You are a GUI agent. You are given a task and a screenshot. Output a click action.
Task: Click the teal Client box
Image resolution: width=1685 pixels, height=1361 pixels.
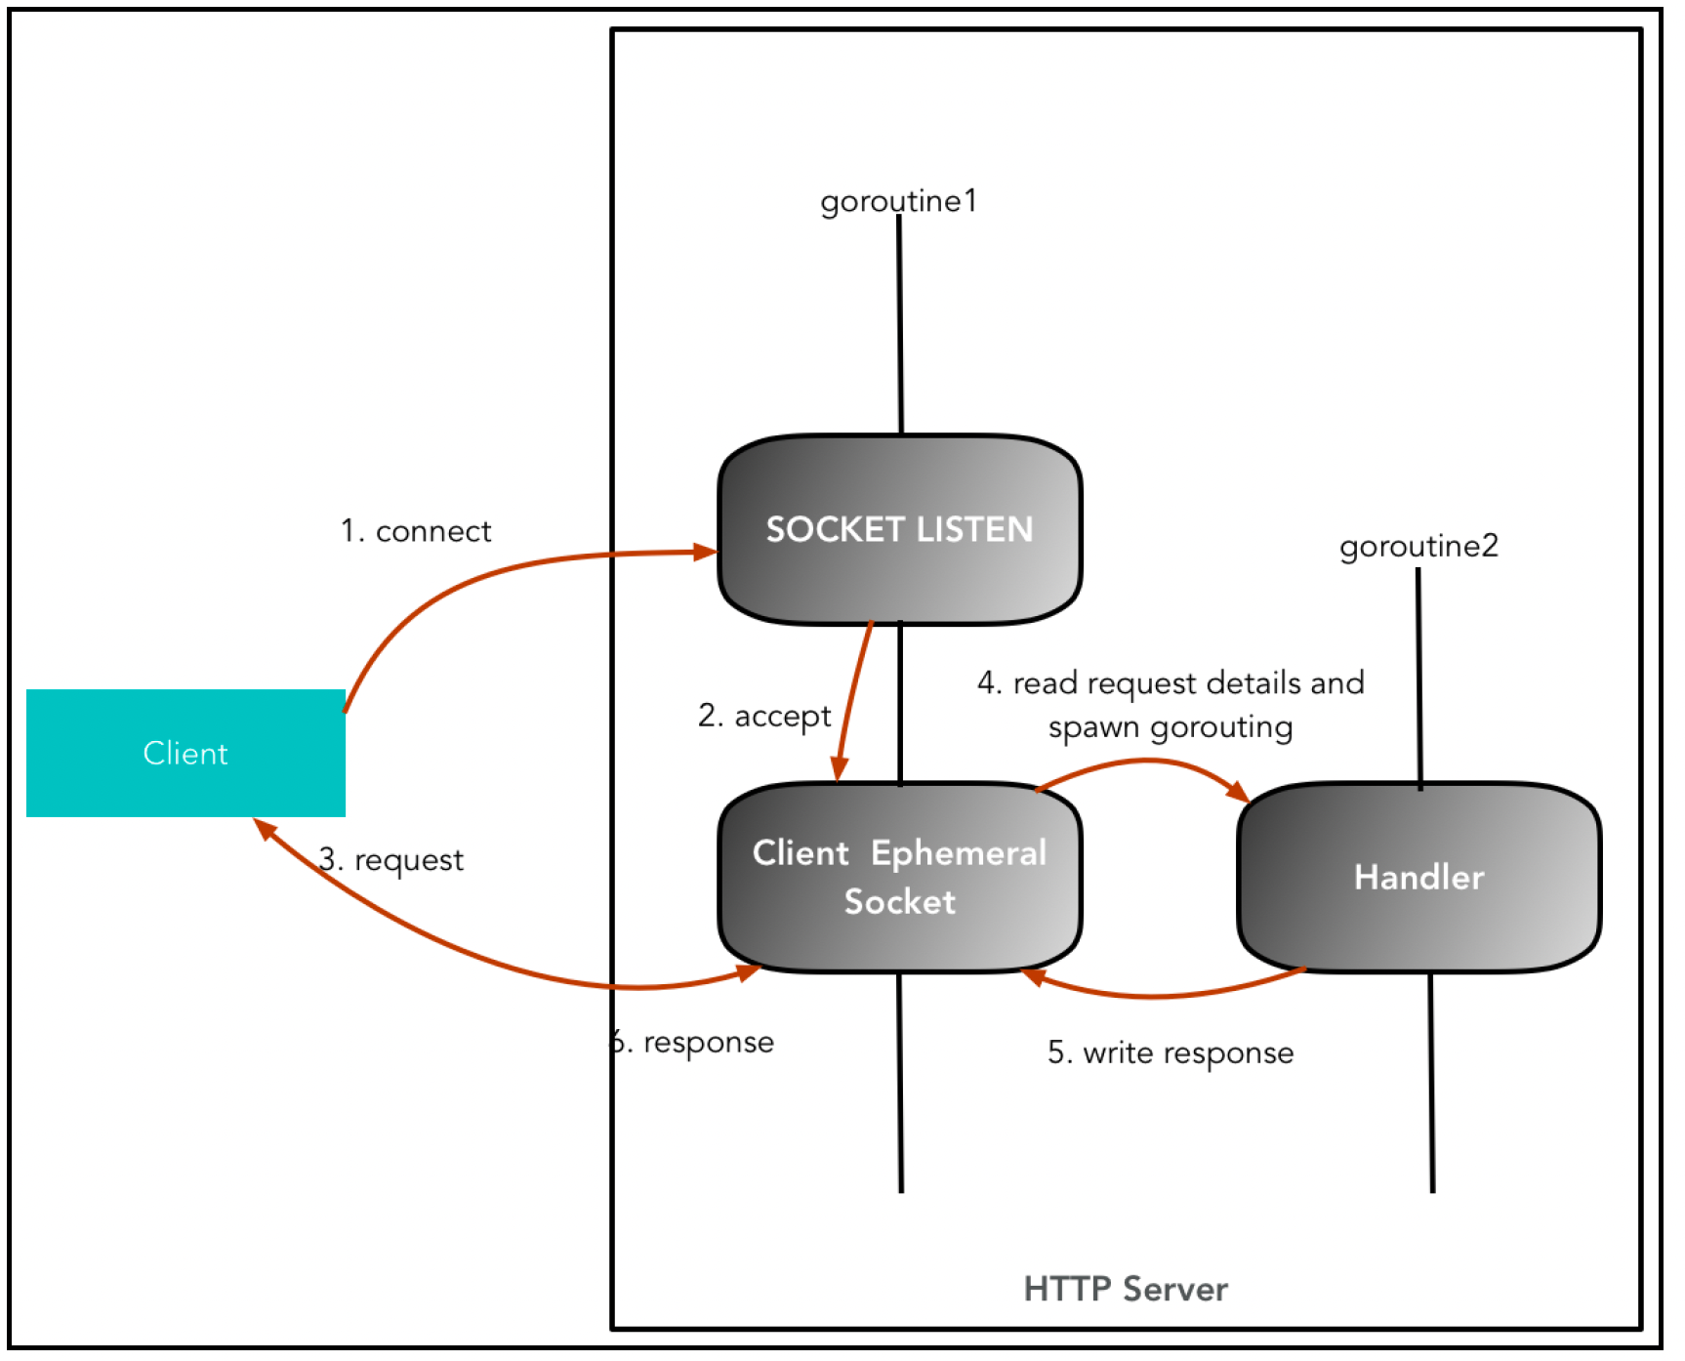185,753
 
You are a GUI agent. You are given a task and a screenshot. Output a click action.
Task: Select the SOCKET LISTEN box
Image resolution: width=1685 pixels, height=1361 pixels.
899,529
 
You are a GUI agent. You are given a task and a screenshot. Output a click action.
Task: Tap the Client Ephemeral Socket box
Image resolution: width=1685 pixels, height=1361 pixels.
899,877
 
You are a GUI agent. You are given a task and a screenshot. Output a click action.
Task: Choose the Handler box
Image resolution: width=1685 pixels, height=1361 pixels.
1418,877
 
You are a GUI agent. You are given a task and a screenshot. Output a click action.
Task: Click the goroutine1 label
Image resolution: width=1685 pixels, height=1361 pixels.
898,202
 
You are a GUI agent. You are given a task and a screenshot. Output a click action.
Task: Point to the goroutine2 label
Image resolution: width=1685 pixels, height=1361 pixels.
1418,547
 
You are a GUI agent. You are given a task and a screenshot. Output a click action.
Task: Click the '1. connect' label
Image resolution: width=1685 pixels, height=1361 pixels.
416,531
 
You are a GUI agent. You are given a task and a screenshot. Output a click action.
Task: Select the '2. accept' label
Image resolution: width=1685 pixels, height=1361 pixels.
764,717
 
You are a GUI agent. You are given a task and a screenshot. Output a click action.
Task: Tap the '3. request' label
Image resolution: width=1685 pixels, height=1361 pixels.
390,860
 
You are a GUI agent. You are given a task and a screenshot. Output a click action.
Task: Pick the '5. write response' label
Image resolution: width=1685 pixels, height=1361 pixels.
1171,1052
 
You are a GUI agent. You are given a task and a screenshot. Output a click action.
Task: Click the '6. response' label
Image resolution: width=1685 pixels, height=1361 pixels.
692,1043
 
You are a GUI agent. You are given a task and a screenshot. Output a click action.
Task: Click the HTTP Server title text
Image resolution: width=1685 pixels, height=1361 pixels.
1126,1289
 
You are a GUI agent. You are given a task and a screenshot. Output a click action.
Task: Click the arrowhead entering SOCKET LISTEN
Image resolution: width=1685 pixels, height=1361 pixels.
705,553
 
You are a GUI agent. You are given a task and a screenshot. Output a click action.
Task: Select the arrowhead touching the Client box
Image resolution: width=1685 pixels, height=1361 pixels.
265,829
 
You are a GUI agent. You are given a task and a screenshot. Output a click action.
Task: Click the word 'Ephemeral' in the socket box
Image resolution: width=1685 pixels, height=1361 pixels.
959,853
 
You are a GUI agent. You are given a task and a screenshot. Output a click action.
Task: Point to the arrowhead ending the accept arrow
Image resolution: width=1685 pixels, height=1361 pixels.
838,768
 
